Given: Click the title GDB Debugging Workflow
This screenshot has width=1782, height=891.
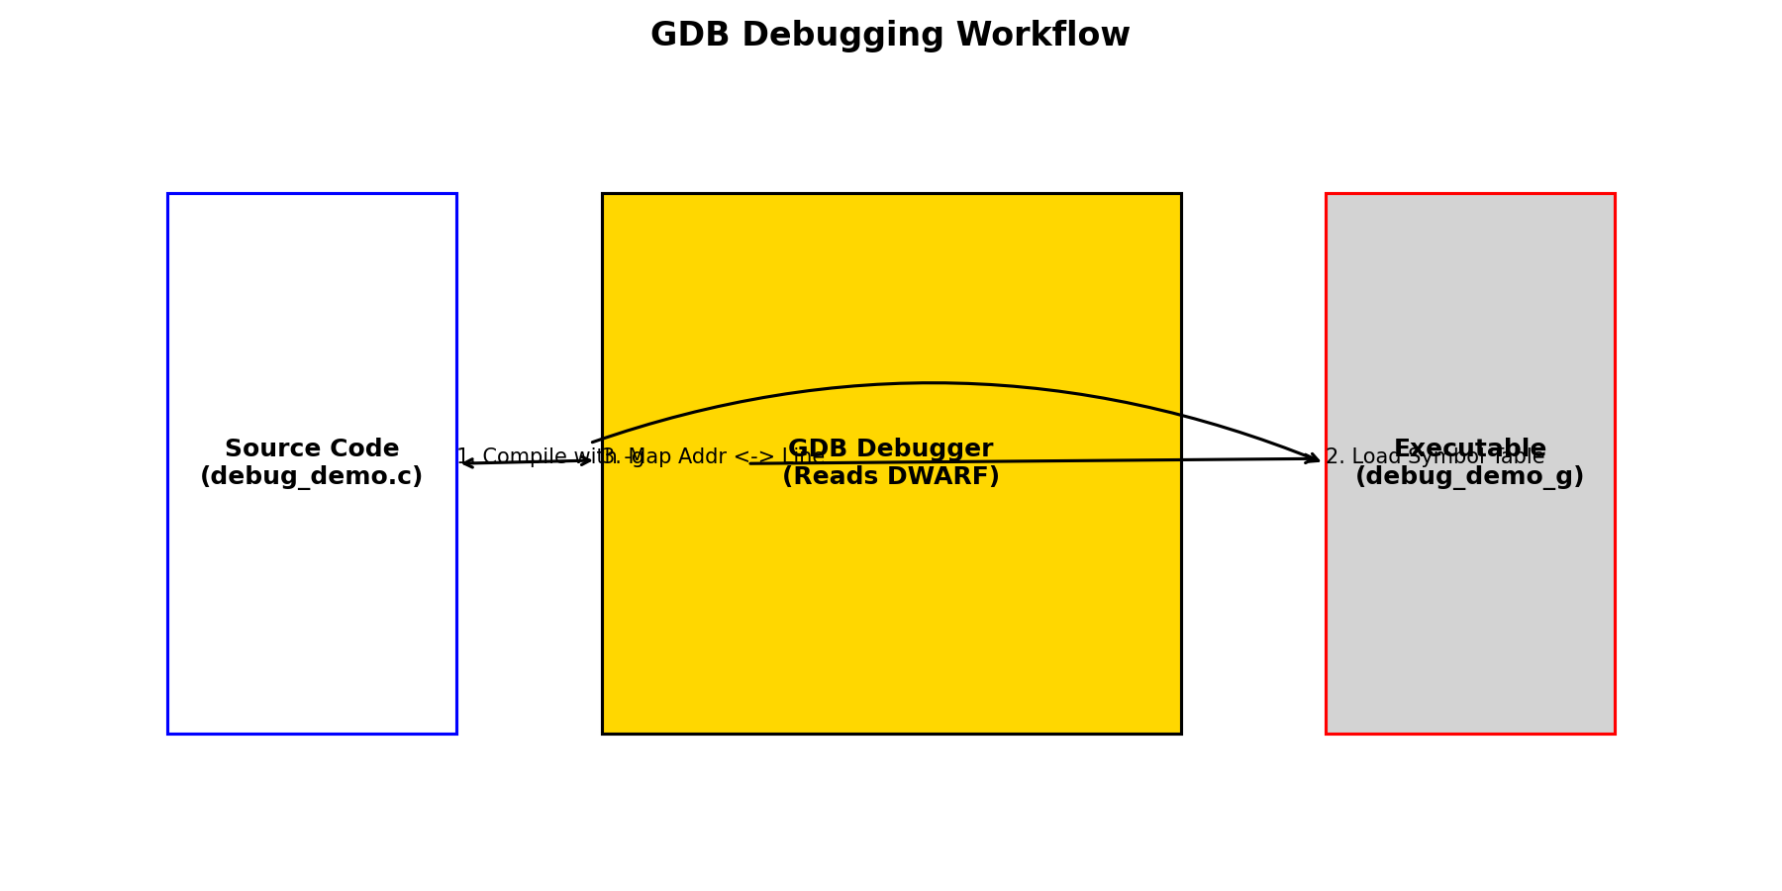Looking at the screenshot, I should click(x=890, y=36).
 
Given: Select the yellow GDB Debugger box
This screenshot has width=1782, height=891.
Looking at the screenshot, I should click(x=891, y=614).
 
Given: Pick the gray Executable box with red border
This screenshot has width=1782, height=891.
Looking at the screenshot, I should click(x=1470, y=614).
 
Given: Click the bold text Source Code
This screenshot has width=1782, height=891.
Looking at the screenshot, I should click(x=312, y=448).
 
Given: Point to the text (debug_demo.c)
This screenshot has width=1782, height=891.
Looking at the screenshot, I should click(x=312, y=477).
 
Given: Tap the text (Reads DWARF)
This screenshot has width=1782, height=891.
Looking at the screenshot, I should click(x=891, y=478).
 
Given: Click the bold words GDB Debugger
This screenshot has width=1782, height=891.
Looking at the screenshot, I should click(x=891, y=447).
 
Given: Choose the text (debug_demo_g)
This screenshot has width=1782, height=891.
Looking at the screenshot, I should click(x=1470, y=478).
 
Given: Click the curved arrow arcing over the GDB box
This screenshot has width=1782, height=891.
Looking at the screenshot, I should click(x=931, y=383).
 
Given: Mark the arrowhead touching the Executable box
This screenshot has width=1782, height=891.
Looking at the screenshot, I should click(x=1313, y=457).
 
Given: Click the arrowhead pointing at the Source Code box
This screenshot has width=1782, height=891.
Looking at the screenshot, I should click(x=466, y=462).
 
